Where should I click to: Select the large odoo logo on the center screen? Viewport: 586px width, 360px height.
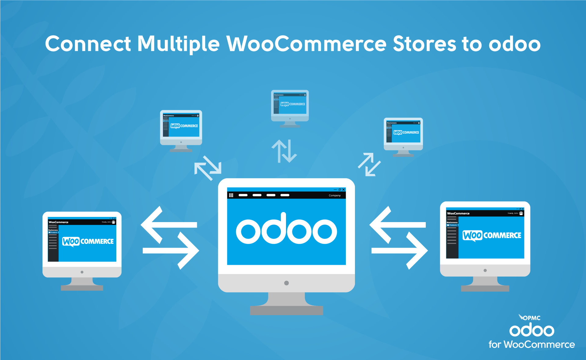click(x=286, y=230)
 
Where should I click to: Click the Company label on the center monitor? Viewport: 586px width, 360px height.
click(x=335, y=196)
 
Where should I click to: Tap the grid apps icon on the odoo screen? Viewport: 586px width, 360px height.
click(x=231, y=195)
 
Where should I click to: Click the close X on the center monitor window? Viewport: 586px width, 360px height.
click(x=343, y=189)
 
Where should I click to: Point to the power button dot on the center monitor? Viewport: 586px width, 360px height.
click(x=286, y=283)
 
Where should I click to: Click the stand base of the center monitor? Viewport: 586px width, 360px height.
click(x=286, y=310)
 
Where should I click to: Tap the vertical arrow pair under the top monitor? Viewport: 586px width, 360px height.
click(x=284, y=151)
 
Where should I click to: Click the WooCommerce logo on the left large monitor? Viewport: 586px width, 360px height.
click(x=88, y=241)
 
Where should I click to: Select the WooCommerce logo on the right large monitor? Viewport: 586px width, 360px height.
click(x=492, y=236)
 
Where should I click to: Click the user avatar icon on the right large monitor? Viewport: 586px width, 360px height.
click(x=521, y=213)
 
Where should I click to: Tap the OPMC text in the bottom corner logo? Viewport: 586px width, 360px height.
click(x=531, y=318)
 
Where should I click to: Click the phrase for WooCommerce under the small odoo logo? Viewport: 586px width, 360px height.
click(x=531, y=344)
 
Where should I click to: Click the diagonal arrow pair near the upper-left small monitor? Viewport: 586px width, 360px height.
click(x=208, y=168)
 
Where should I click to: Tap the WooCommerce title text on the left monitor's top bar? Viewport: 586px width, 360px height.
click(x=59, y=222)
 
